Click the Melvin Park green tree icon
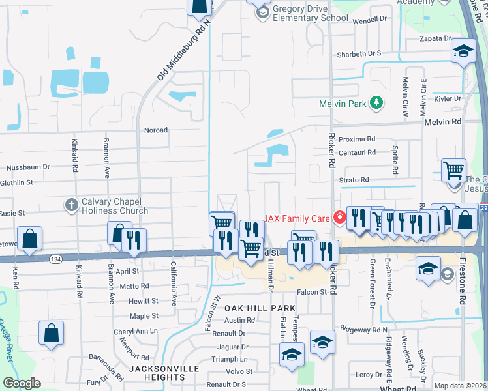click(x=376, y=103)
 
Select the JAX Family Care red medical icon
click(x=339, y=218)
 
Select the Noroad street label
click(x=156, y=130)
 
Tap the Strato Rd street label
click(x=354, y=180)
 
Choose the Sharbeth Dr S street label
click(x=358, y=54)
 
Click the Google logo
click(x=22, y=383)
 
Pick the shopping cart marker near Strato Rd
click(x=453, y=171)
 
